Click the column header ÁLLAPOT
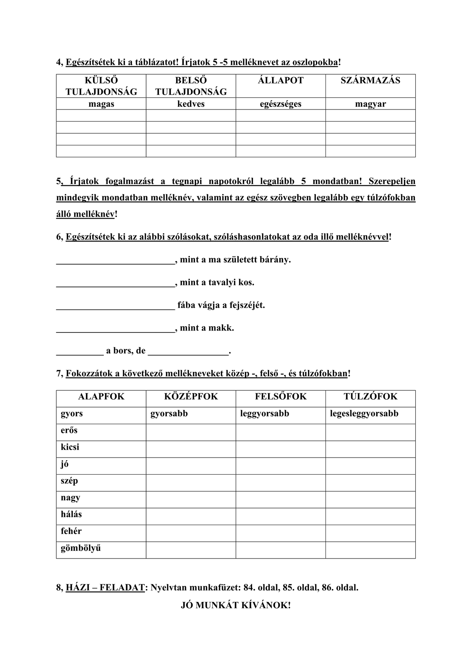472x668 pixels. click(281, 81)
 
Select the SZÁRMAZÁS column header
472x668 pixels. click(370, 81)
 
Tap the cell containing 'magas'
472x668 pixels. click(101, 104)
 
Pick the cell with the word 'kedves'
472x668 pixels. click(191, 104)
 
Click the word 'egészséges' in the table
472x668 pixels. click(281, 104)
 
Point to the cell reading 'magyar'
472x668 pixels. click(370, 104)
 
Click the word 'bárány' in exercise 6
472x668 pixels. click(276, 260)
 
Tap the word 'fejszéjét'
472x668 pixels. click(246, 305)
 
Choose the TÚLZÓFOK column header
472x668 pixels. click(370, 397)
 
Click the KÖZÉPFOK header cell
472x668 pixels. click(191, 397)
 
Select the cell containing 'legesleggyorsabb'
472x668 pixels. click(364, 414)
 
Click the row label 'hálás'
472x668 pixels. click(71, 514)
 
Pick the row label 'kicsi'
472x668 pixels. click(70, 447)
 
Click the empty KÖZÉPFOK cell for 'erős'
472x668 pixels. click(191, 432)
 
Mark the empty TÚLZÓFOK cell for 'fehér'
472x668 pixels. click(370, 533)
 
